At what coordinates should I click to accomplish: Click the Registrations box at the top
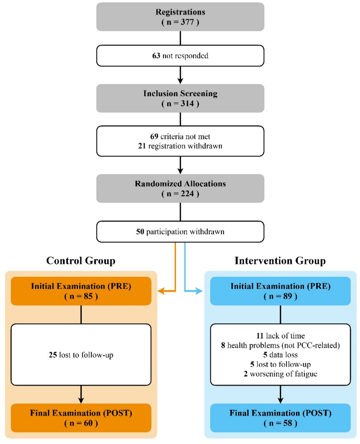click(180, 17)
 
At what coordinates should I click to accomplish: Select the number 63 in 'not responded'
click(156, 56)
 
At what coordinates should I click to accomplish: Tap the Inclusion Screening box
click(180, 98)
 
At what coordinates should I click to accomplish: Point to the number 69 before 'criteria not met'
click(154, 136)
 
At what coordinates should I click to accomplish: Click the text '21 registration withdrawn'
click(180, 146)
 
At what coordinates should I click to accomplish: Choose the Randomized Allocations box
click(180, 188)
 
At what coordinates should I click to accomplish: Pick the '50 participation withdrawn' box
click(180, 232)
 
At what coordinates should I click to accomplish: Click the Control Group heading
click(81, 261)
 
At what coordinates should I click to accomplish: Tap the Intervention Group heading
click(280, 261)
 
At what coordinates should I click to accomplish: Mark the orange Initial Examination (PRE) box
click(81, 291)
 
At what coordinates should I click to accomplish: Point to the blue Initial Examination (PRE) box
click(280, 291)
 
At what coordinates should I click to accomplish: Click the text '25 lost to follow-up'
click(81, 355)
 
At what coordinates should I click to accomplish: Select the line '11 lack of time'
click(280, 336)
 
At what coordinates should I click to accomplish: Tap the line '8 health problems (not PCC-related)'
click(280, 345)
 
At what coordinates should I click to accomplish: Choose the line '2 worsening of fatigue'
click(280, 374)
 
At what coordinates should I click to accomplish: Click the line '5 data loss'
click(280, 355)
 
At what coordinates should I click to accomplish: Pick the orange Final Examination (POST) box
click(81, 418)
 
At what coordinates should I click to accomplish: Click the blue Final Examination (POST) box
click(280, 418)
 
